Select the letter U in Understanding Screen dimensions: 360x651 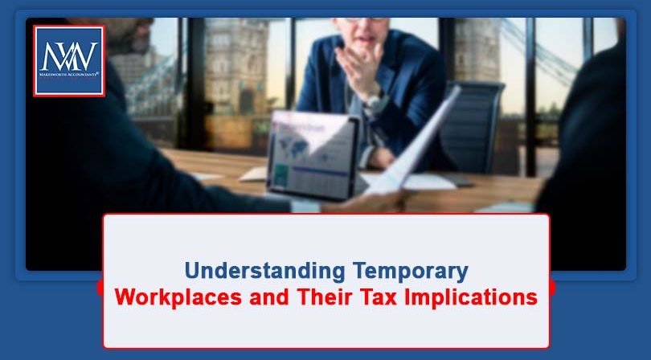190,270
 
